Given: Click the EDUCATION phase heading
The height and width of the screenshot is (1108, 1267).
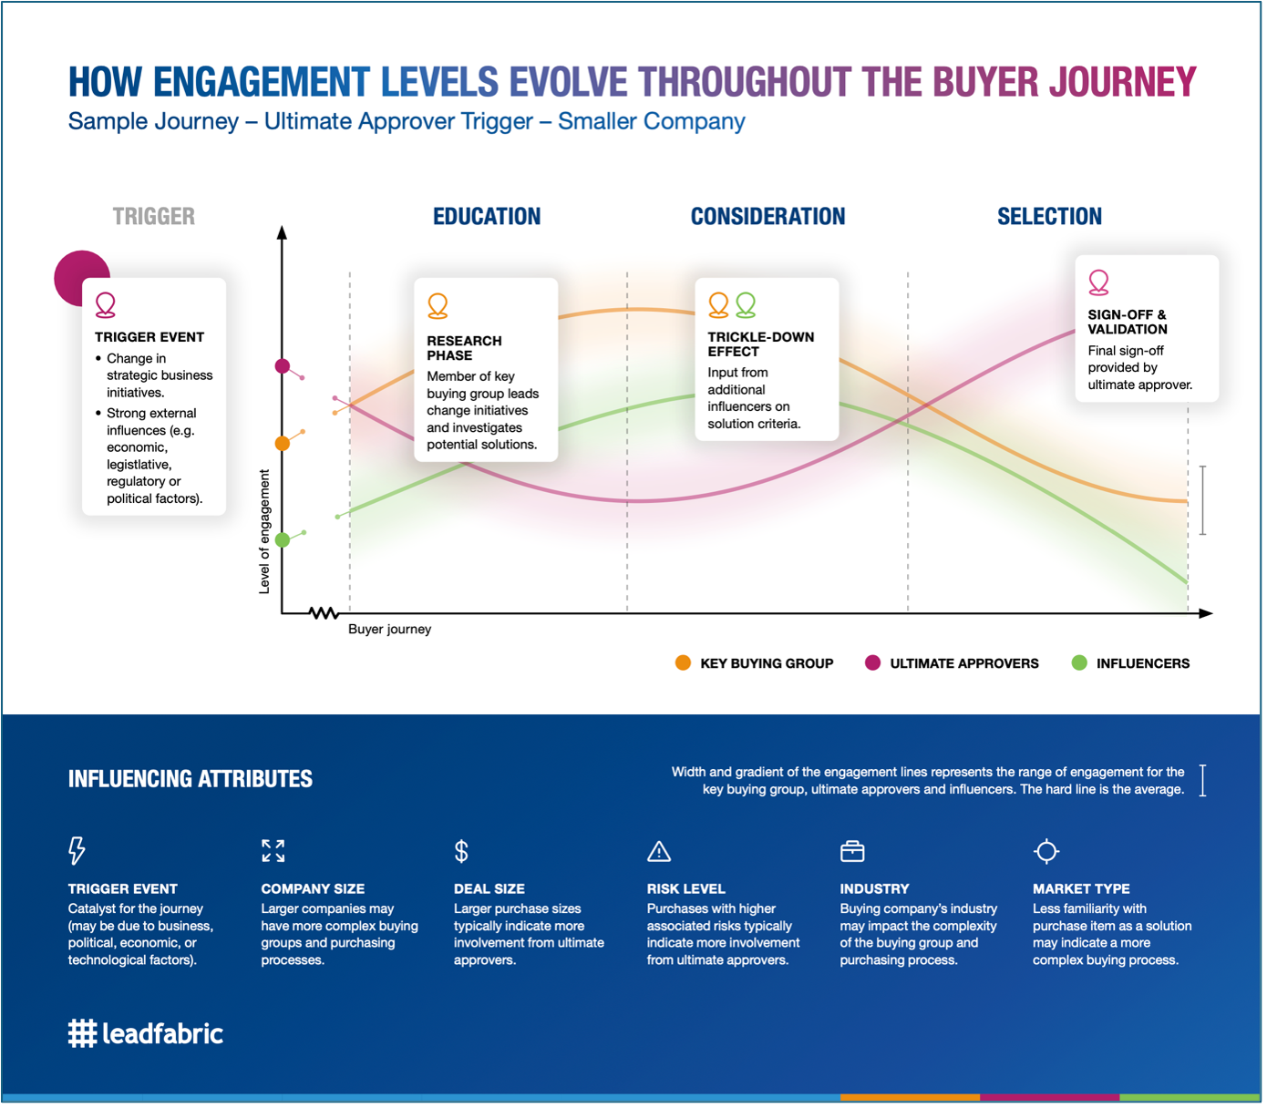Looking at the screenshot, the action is [487, 217].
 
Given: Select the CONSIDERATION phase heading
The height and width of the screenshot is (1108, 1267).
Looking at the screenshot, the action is [767, 217].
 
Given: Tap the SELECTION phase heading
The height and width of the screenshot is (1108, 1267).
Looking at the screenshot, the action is [1050, 217].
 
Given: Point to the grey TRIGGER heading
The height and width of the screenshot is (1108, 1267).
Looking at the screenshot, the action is [153, 217].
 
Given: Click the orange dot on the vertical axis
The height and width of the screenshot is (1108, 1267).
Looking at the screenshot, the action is [283, 443].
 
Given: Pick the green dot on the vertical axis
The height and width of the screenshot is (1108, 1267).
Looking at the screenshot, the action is [283, 539].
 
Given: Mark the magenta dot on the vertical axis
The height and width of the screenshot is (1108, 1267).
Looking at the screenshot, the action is [283, 365].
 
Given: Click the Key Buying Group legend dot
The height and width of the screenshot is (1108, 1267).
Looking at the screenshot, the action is [683, 663].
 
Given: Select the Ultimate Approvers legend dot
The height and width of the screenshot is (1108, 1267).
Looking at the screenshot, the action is [873, 663].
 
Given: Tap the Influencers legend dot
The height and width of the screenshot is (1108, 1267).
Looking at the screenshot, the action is [1079, 663].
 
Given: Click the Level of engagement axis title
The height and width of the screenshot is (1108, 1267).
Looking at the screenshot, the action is [264, 532].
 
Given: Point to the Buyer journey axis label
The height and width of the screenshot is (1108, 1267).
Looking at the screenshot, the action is [389, 629].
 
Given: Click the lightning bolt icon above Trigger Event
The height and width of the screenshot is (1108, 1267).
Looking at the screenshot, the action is [77, 851].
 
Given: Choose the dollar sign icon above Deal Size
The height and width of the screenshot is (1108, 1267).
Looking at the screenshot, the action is [461, 851].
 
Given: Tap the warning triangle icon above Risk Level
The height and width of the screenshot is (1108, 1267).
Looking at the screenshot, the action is [659, 852].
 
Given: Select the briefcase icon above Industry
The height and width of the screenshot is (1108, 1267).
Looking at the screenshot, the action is [852, 851].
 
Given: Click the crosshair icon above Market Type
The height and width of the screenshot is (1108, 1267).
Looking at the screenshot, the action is [1046, 851].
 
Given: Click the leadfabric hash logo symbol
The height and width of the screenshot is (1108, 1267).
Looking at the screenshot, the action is [82, 1033].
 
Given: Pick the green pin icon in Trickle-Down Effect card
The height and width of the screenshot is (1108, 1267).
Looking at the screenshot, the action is [746, 305].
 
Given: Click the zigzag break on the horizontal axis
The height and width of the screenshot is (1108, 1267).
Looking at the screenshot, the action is [324, 613].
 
